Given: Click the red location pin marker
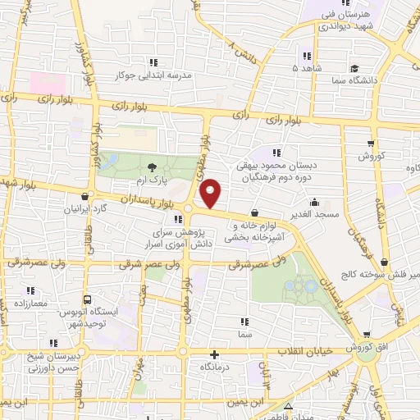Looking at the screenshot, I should click(x=212, y=192).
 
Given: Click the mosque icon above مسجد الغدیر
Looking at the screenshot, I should click(x=315, y=202).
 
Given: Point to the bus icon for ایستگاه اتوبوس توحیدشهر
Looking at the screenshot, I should click(x=88, y=300).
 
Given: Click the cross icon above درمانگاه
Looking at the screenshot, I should click(x=215, y=355).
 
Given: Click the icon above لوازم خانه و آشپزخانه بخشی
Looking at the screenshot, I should click(x=255, y=212).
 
